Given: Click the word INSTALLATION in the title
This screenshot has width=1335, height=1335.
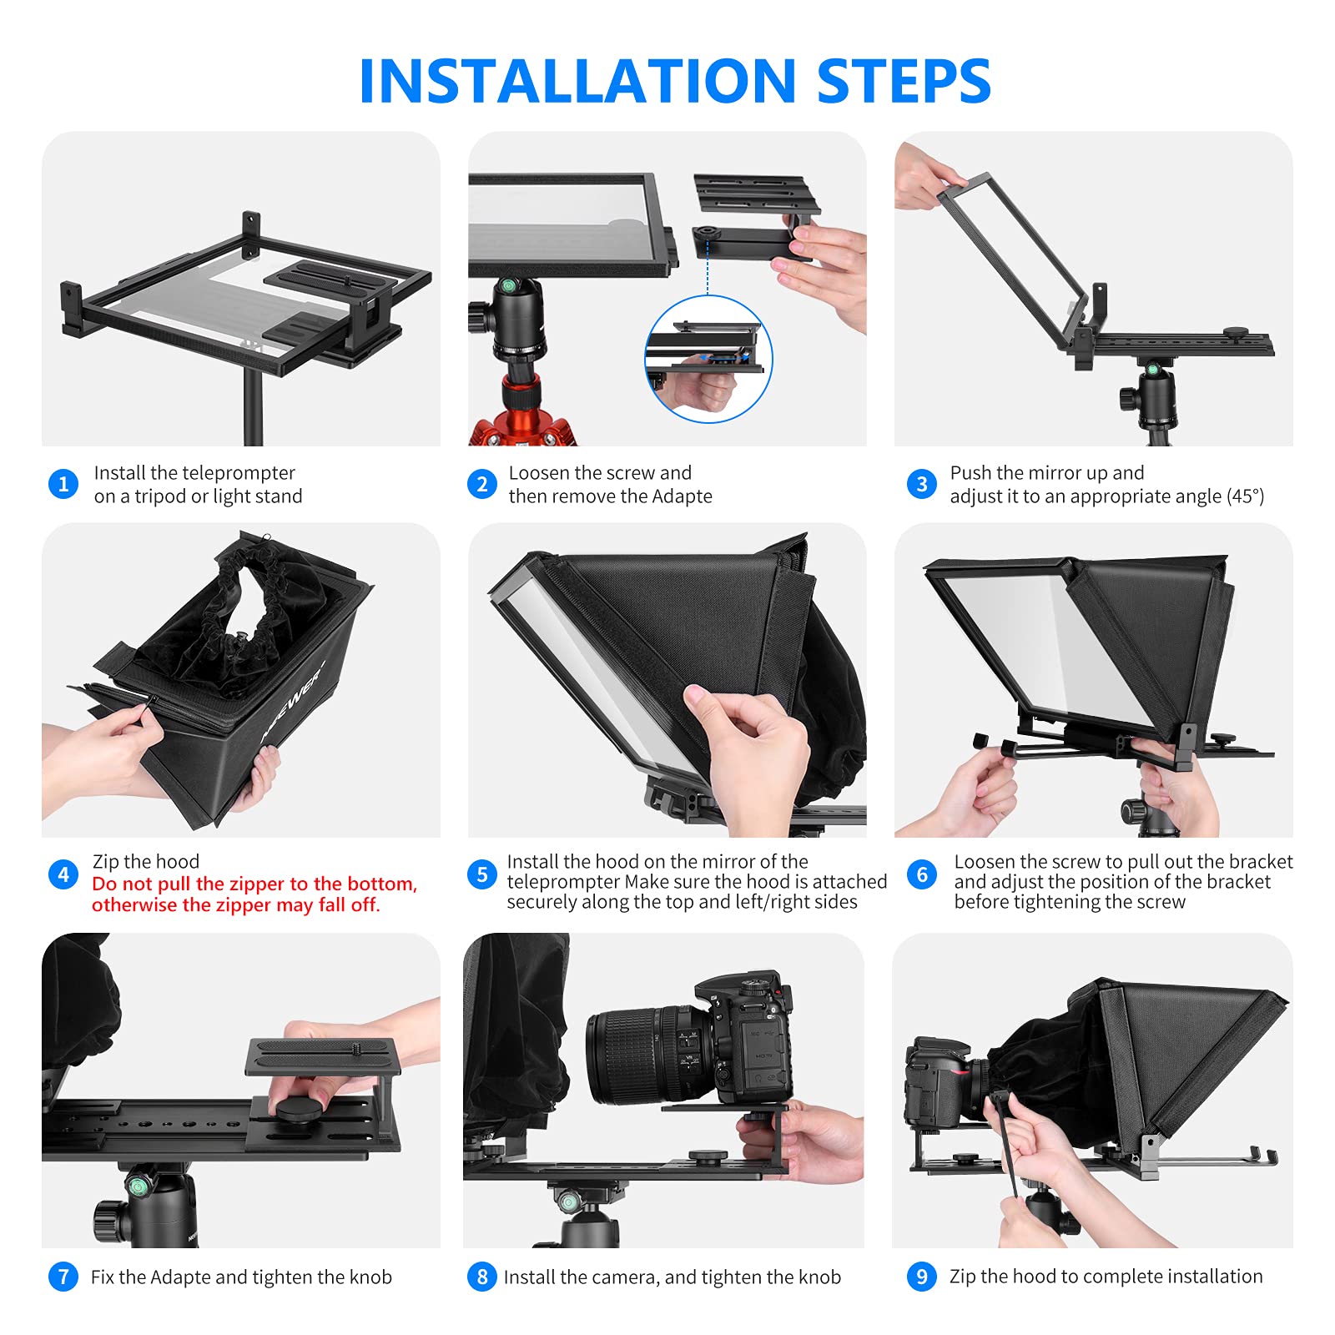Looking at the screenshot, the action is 577,81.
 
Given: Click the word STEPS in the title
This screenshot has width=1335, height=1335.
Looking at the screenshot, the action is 904,81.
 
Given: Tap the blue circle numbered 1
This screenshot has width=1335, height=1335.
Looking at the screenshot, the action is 63,484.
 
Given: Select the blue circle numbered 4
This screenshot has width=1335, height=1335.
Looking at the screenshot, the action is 63,874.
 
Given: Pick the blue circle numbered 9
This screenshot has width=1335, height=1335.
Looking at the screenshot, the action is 922,1277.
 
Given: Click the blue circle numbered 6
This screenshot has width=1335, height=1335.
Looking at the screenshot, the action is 922,874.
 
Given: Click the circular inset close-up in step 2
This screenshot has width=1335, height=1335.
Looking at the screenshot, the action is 708,359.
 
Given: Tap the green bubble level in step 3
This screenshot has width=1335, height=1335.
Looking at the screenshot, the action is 1153,369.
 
